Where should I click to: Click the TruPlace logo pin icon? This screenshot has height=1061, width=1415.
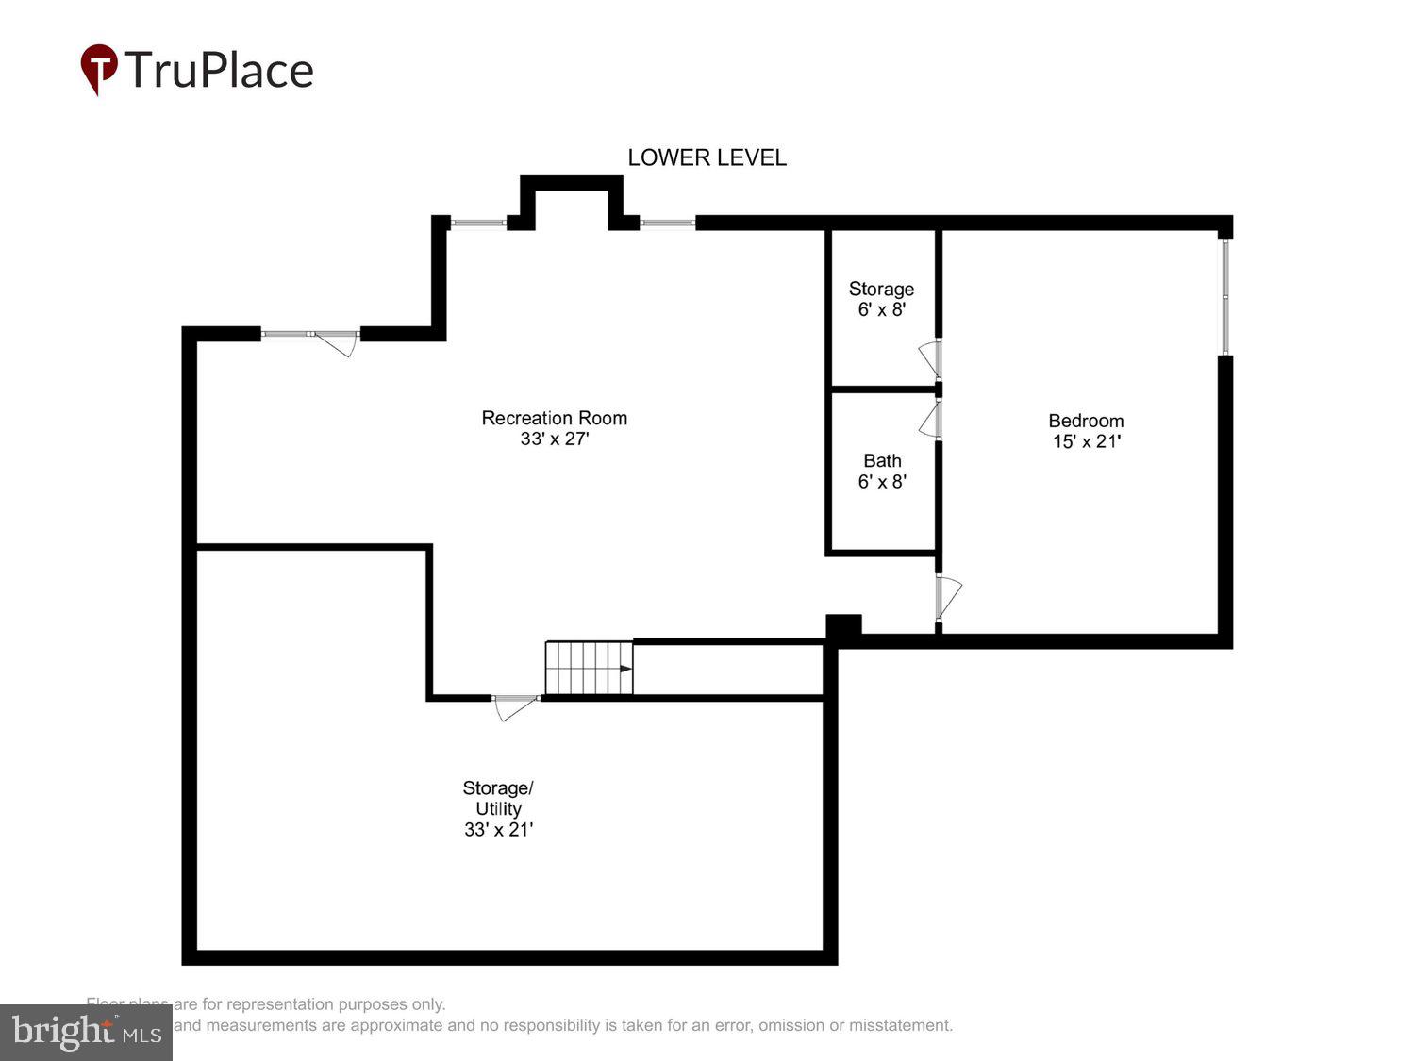pos(98,68)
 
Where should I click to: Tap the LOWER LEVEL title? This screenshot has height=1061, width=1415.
pos(707,157)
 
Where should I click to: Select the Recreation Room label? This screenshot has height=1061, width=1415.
pos(554,418)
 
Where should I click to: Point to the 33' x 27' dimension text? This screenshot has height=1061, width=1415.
pos(554,439)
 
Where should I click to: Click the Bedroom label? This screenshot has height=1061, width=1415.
pos(1086,421)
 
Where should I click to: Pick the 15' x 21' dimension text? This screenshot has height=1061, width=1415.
pos(1087,441)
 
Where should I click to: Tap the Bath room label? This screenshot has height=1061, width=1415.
pos(882,461)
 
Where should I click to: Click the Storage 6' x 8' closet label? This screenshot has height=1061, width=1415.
pos(881,289)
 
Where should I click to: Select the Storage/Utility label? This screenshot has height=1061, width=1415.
pos(498,798)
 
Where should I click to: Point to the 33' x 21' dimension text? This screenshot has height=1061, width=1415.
pos(498,830)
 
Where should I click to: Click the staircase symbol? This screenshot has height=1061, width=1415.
pos(589,668)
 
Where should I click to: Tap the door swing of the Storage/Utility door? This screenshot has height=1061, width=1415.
pos(514,706)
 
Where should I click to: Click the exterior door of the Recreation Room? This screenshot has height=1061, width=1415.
pos(335,340)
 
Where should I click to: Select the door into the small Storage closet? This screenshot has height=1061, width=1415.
pos(932,358)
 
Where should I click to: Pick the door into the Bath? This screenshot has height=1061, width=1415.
pos(932,420)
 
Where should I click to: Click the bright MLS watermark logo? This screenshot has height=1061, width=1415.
pos(86,1032)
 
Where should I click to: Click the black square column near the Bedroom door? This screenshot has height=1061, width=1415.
pos(843,627)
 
